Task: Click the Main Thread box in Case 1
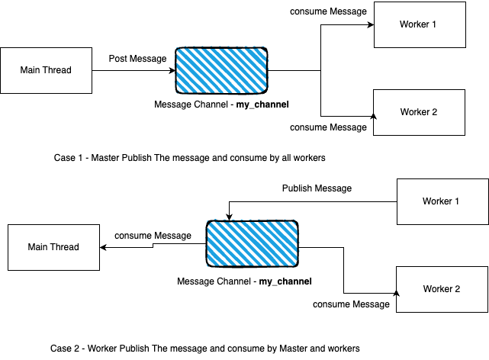pyautogui.click(x=46, y=71)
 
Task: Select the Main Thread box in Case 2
pyautogui.click(x=53, y=247)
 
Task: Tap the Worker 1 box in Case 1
pyautogui.click(x=418, y=24)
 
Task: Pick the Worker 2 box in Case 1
pyautogui.click(x=419, y=113)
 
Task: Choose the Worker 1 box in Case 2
pyautogui.click(x=442, y=201)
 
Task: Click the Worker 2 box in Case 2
pyautogui.click(x=442, y=289)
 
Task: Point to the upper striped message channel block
pyautogui.click(x=222, y=71)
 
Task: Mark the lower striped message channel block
pyautogui.click(x=253, y=243)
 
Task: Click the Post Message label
pyautogui.click(x=138, y=58)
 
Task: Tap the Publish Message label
pyautogui.click(x=317, y=188)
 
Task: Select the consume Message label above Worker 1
pyautogui.click(x=329, y=11)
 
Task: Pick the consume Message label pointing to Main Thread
pyautogui.click(x=152, y=236)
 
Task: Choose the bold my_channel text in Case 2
pyautogui.click(x=286, y=281)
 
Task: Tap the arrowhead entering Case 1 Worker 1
pyautogui.click(x=369, y=24)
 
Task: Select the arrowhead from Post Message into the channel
pyautogui.click(x=172, y=71)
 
